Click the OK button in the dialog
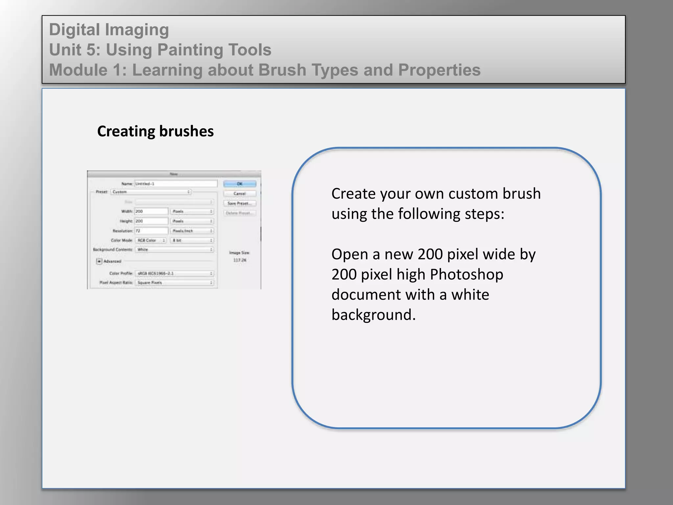tap(240, 184)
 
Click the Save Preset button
tap(240, 203)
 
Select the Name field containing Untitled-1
tap(176, 184)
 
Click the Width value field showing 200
tap(151, 211)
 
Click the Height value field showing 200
tap(151, 221)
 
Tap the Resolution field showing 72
tap(151, 231)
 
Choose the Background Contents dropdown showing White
tap(174, 250)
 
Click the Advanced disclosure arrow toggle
tap(99, 261)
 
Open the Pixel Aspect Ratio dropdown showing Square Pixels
tap(174, 283)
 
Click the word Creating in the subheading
tap(126, 131)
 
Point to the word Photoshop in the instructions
tap(466, 275)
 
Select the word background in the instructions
tap(373, 315)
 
